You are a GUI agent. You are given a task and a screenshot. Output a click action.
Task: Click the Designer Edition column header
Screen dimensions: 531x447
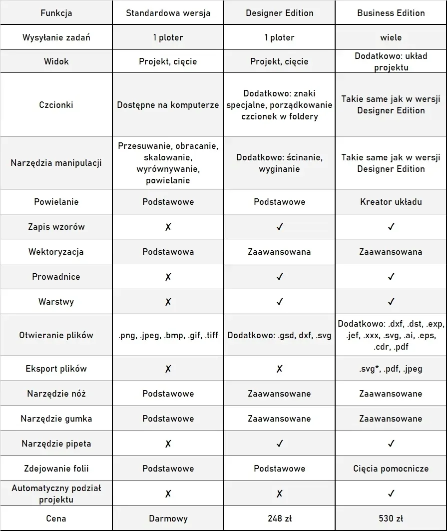[279, 13]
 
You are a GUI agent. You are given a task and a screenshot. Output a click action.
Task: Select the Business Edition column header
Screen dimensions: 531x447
[391, 13]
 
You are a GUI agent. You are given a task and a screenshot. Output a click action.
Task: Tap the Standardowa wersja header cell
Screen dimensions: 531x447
[168, 13]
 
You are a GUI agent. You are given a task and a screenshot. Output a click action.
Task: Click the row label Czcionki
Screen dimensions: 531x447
[56, 105]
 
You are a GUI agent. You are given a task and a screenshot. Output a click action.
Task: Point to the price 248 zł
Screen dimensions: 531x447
[279, 519]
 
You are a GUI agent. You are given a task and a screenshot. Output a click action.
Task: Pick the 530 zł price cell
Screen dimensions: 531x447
[391, 519]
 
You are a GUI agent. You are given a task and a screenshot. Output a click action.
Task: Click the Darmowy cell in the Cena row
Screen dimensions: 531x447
[168, 519]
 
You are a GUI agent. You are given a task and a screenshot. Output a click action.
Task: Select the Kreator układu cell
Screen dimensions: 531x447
[391, 202]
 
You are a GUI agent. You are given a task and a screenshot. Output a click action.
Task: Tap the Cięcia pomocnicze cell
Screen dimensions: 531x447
[391, 469]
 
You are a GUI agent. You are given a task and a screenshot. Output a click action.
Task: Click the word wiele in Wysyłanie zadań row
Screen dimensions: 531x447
[391, 37]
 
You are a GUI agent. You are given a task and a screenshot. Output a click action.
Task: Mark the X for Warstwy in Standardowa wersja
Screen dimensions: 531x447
[168, 302]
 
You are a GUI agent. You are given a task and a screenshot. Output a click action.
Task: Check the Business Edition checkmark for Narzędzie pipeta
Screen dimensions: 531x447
[391, 444]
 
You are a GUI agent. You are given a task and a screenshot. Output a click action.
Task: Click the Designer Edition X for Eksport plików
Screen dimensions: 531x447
[279, 369]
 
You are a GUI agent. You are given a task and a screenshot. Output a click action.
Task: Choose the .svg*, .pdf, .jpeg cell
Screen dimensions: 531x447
[391, 369]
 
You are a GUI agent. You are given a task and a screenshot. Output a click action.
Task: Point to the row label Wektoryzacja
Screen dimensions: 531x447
[56, 252]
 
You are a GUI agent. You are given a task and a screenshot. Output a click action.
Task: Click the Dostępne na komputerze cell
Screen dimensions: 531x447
[168, 105]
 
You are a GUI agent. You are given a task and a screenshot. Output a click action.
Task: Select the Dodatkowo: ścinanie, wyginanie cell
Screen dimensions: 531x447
[279, 163]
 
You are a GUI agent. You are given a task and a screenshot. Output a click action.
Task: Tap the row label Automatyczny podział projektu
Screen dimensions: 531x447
[56, 494]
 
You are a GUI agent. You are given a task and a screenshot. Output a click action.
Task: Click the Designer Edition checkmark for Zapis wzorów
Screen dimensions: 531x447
[279, 227]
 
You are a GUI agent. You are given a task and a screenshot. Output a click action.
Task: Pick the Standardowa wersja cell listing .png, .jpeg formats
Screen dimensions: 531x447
[168, 335]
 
